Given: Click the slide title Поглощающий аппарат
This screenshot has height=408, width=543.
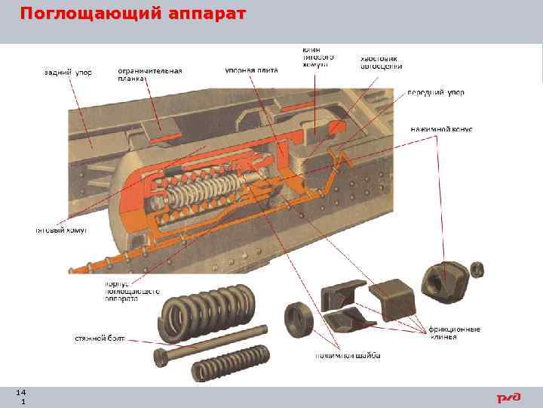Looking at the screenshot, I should [x=132, y=14].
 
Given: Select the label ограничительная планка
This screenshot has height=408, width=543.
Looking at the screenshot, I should [x=149, y=75].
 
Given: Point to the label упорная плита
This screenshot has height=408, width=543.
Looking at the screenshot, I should [x=251, y=70].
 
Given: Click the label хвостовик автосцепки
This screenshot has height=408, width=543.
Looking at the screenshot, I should [x=381, y=62].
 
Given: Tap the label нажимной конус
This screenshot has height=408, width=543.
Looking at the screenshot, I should [x=441, y=129].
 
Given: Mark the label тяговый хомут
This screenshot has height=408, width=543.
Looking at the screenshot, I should [x=62, y=230].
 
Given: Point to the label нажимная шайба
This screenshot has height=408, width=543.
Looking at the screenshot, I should [x=348, y=355].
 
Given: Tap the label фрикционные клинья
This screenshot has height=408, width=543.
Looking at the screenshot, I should [x=452, y=333].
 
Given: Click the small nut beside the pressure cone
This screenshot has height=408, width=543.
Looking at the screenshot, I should [x=477, y=268].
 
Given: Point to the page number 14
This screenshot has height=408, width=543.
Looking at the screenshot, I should [x=20, y=392].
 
